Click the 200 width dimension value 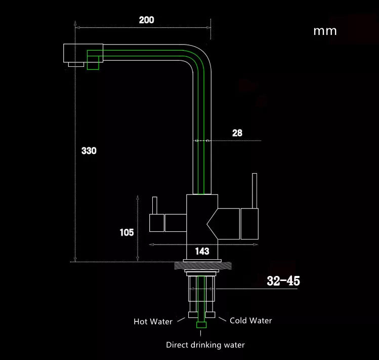[146, 20]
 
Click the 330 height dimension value [89, 151]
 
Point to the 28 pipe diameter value [237, 133]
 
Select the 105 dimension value [127, 232]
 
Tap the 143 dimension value [202, 251]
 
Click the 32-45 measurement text [283, 281]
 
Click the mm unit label [325, 31]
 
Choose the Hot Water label [153, 322]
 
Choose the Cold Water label [250, 321]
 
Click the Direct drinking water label [205, 345]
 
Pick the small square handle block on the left [156, 223]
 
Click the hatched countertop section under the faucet [203, 265]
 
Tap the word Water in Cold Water [261, 321]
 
